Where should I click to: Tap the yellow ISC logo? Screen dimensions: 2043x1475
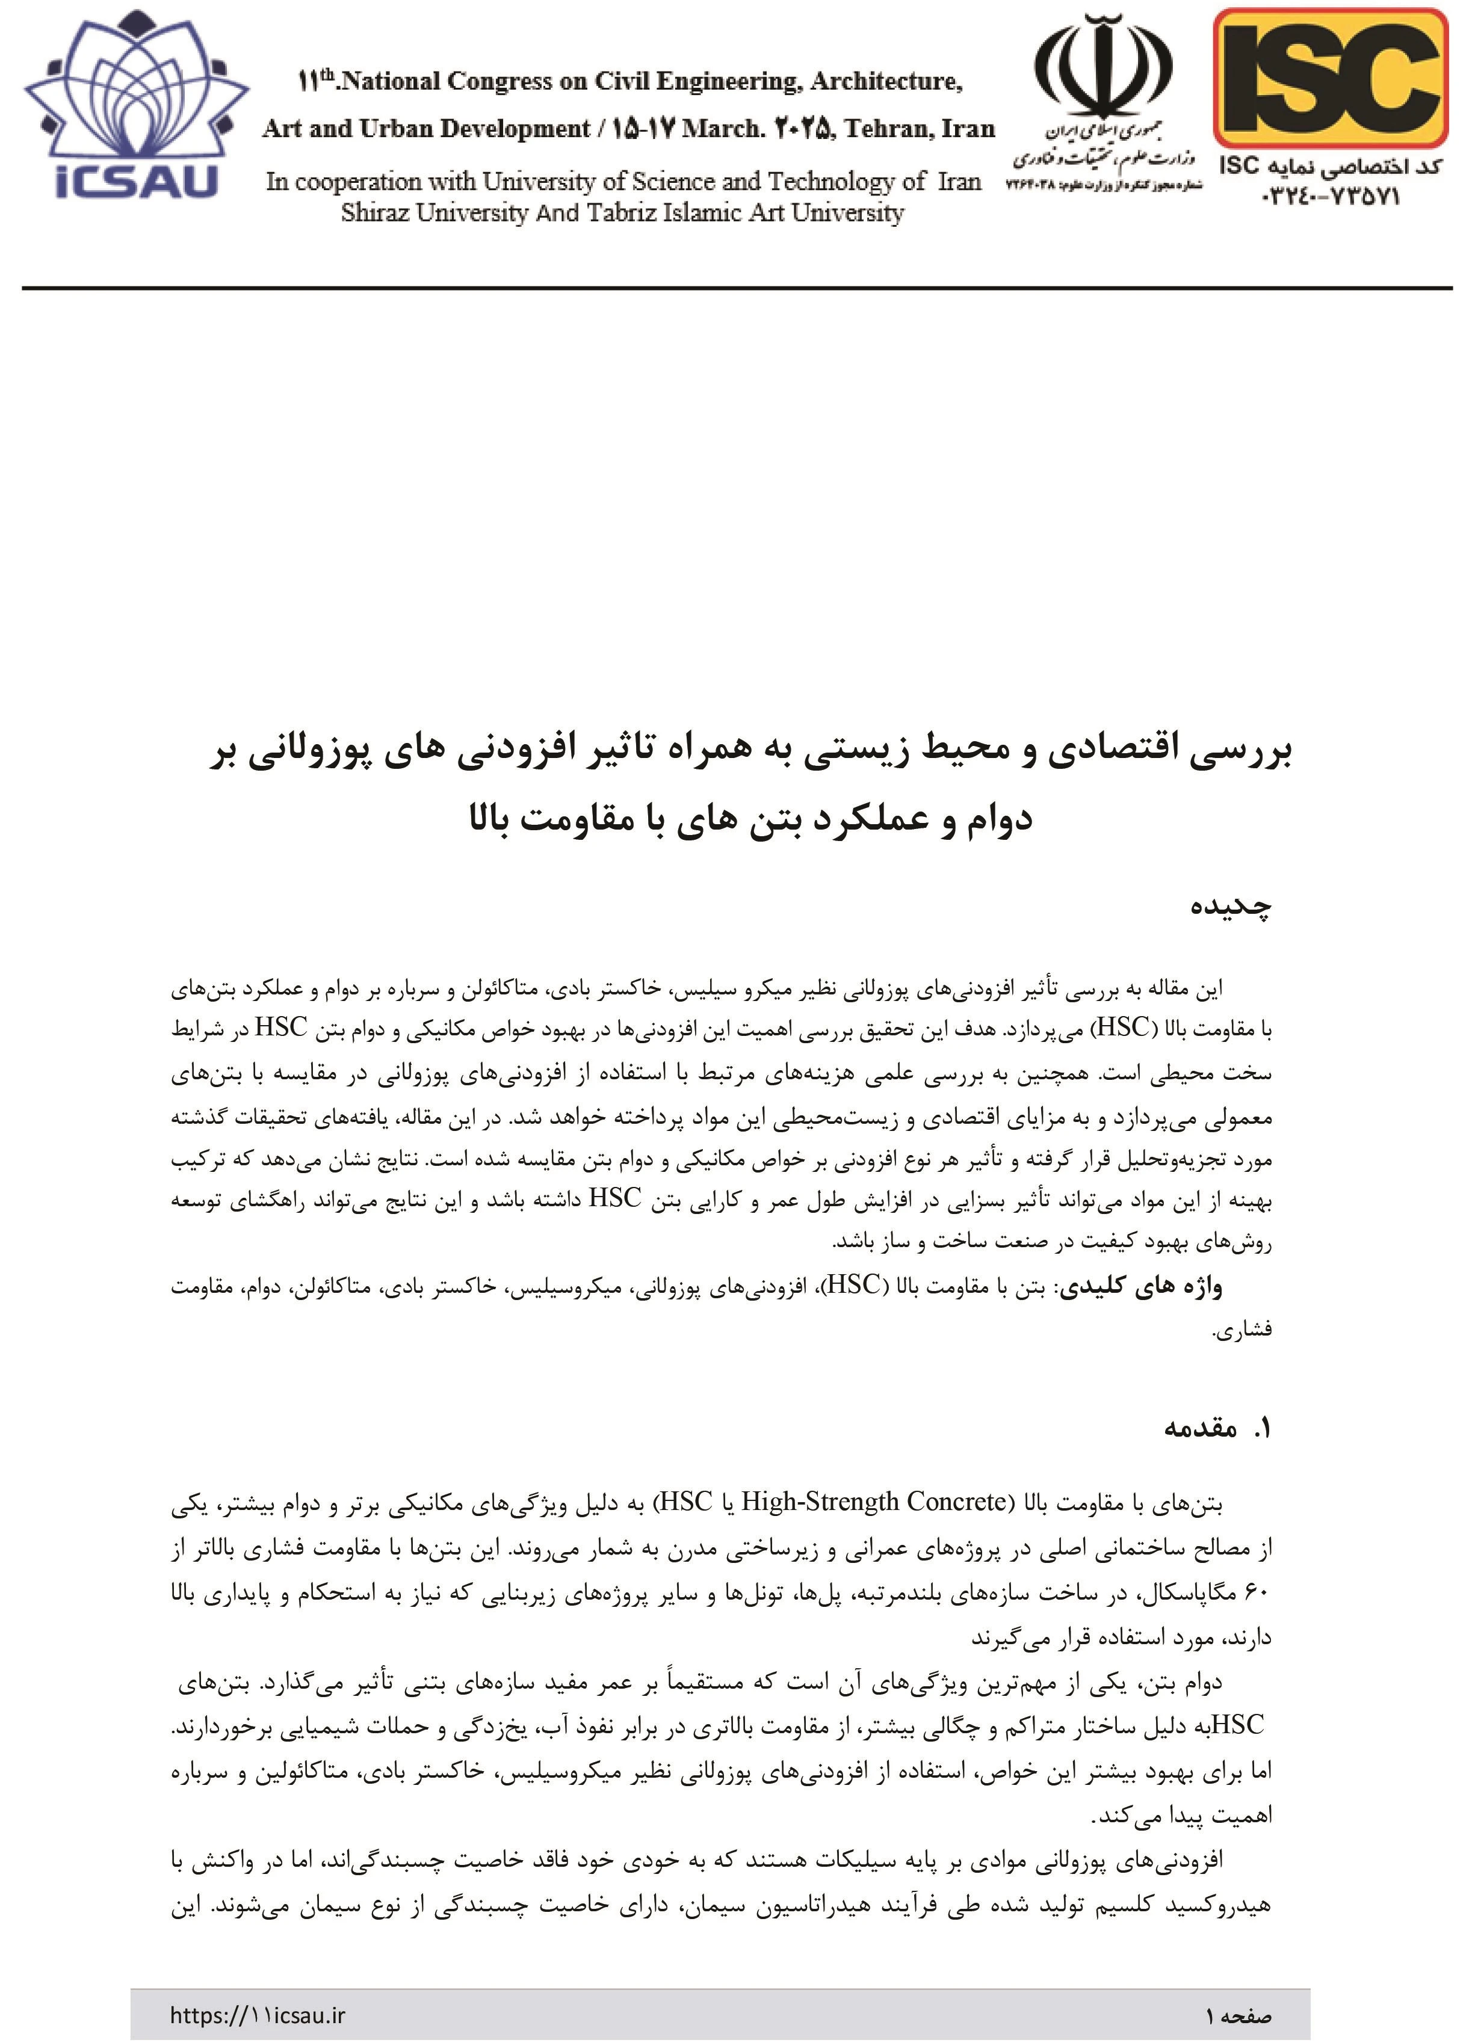tap(1330, 78)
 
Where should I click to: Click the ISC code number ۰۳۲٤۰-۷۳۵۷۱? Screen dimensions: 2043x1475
tap(1331, 196)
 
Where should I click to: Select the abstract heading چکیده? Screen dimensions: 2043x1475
tap(1230, 906)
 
